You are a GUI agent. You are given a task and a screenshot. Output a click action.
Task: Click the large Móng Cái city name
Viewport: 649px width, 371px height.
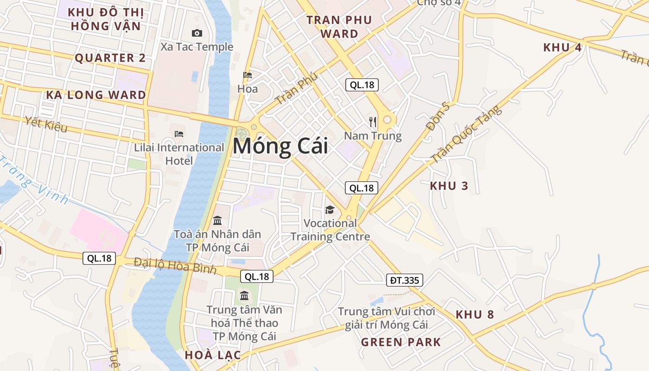pos(280,146)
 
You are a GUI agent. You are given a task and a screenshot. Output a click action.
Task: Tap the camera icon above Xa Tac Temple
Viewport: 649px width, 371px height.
pos(197,33)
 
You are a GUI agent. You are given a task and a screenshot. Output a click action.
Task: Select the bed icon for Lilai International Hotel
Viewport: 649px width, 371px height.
pos(179,134)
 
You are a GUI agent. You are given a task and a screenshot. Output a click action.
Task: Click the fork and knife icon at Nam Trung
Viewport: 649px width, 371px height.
pos(373,122)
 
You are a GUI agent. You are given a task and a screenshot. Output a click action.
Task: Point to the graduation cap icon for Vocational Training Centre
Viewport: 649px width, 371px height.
pos(330,210)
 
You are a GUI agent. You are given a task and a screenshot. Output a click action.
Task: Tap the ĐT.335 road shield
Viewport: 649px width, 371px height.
pos(404,280)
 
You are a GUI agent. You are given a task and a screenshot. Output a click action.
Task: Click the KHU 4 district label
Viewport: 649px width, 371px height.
pos(562,47)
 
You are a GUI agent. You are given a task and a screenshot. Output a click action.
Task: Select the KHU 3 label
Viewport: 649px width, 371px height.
pos(449,186)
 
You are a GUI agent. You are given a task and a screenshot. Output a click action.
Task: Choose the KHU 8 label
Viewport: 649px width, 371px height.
pos(475,314)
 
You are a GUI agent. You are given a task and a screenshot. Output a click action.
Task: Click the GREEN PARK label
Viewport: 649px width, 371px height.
pos(401,342)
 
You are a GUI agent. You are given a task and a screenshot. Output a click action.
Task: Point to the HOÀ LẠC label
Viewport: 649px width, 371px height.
pos(213,355)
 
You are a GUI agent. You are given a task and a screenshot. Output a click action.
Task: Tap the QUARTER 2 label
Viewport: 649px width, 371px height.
pos(110,58)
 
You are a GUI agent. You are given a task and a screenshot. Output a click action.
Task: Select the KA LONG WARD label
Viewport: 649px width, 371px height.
pos(96,95)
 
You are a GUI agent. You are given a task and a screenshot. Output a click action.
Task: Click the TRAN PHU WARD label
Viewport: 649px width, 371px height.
pos(339,27)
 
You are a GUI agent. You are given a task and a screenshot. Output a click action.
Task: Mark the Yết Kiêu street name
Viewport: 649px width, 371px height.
pos(46,124)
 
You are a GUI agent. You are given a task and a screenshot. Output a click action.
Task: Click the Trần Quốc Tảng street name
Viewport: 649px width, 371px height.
pos(466,134)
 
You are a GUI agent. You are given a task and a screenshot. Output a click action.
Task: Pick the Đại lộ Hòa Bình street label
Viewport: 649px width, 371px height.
pos(175,266)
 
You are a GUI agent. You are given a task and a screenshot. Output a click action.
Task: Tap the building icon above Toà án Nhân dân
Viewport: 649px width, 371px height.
pos(217,220)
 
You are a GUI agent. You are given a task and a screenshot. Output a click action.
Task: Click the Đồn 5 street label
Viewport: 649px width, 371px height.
pos(438,117)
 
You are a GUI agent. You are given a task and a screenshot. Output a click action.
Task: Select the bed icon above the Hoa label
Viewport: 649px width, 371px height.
pos(248,75)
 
